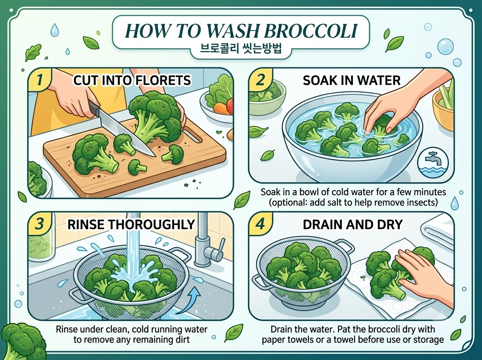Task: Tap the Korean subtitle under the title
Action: click(241, 49)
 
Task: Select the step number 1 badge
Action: click(40, 80)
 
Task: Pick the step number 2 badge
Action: click(260, 80)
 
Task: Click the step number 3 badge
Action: click(40, 224)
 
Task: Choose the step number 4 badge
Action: click(260, 224)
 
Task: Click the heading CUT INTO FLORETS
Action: click(132, 80)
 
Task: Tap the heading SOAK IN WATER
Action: click(351, 80)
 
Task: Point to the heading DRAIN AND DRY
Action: click(352, 225)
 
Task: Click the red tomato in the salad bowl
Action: click(230, 105)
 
